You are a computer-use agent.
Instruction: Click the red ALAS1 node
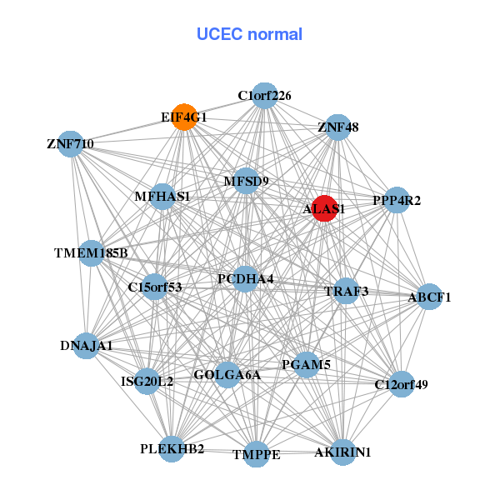click(323, 208)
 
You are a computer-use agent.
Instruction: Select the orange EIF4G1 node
click(184, 117)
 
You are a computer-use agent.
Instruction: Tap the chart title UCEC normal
click(249, 34)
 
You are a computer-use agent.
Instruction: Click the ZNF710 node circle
click(71, 144)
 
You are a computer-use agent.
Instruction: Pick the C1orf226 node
click(264, 96)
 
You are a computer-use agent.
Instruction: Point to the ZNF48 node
click(337, 127)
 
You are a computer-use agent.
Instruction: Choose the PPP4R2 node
click(397, 200)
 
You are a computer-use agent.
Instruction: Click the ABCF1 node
click(429, 296)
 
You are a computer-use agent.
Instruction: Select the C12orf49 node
click(401, 384)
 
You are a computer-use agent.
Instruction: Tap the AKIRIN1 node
click(342, 452)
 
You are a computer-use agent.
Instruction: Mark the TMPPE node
click(256, 454)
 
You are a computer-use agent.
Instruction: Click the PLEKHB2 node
click(172, 449)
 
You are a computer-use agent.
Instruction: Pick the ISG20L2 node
click(147, 382)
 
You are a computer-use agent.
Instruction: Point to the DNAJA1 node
click(87, 345)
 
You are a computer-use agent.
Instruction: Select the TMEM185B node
click(91, 252)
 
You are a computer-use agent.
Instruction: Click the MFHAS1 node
click(162, 197)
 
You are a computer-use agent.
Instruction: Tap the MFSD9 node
click(246, 180)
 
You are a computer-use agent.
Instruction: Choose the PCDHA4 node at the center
click(245, 277)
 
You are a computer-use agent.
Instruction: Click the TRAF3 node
click(346, 291)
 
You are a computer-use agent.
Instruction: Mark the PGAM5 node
click(307, 364)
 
